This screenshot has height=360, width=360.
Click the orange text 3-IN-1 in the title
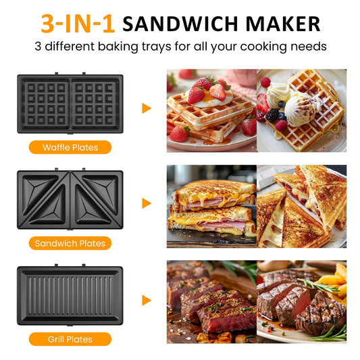point(78,24)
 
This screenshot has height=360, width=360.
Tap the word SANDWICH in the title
point(180,24)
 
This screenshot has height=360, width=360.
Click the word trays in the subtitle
point(156,47)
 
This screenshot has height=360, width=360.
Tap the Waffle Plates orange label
point(70,147)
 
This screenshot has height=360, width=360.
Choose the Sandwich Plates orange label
point(70,243)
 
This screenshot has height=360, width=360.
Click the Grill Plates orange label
point(70,339)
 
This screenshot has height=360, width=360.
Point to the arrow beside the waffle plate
point(147,108)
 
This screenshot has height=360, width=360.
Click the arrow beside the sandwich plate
point(147,203)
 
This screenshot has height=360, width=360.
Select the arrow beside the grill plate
point(147,301)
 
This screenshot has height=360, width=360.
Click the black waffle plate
point(70,103)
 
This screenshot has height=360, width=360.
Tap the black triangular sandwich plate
point(70,199)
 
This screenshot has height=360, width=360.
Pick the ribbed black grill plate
point(70,295)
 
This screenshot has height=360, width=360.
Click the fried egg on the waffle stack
point(210,99)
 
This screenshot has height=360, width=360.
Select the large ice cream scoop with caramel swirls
point(300,109)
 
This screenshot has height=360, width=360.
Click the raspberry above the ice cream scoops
point(265,82)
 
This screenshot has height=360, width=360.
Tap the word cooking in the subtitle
point(263,47)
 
